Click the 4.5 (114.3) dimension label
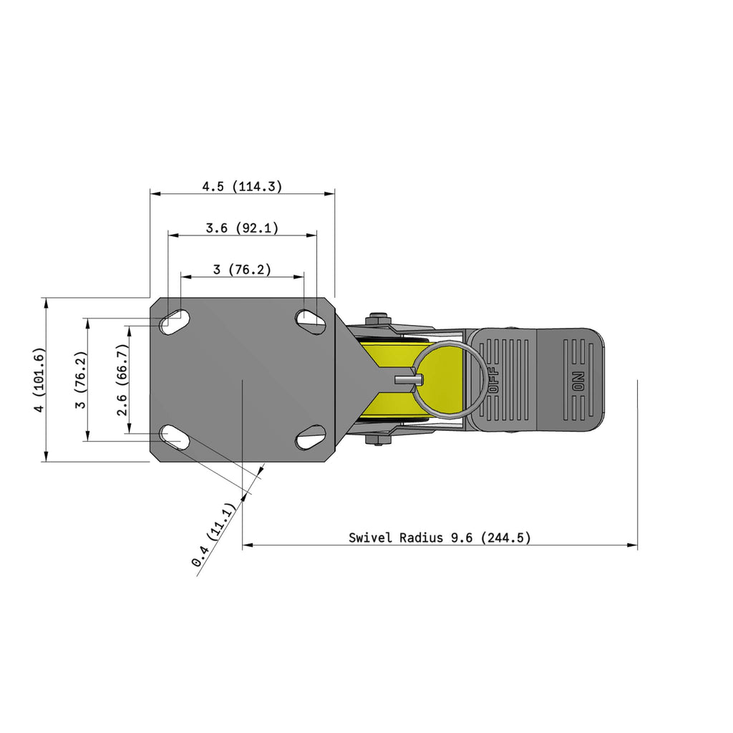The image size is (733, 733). [242, 187]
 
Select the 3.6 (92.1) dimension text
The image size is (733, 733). [242, 228]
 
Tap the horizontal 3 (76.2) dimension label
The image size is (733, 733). [242, 269]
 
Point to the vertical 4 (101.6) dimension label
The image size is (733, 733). [40, 379]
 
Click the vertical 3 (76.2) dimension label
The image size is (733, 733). [82, 379]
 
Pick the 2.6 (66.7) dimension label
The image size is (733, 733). [122, 379]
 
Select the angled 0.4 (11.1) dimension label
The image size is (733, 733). [213, 535]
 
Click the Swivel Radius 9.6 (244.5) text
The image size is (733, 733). [440, 538]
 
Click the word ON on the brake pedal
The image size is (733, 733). [578, 381]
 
